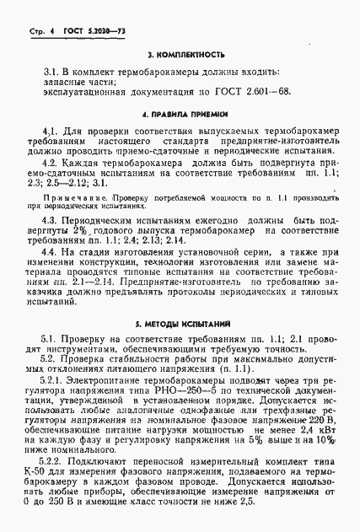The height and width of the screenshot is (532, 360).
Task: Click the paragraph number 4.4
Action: point(51,253)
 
